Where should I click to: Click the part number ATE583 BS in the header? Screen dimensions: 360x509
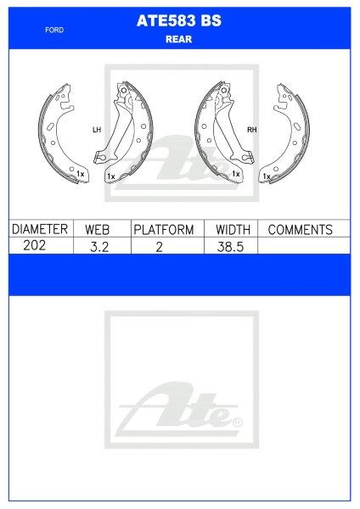tap(179, 20)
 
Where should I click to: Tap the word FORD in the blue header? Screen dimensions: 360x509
tap(54, 31)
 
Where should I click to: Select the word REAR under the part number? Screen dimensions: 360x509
tap(178, 39)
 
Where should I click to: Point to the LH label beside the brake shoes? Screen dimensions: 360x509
tap(97, 130)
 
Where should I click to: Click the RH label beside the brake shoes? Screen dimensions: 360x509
tap(252, 130)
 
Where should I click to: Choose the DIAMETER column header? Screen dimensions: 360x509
tap(40, 229)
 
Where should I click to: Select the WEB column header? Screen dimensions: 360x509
tap(97, 230)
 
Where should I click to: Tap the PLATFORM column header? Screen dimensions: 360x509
tap(164, 230)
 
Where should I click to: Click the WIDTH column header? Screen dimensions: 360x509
tap(233, 230)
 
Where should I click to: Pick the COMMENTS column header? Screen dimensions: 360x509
tap(301, 230)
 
